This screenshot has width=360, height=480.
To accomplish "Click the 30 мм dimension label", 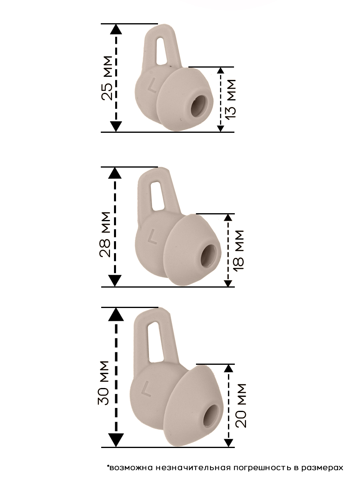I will click(x=104, y=383).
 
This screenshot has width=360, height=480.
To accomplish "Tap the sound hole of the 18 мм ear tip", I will click(x=210, y=256).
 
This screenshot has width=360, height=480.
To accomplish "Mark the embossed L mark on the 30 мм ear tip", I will click(x=146, y=390).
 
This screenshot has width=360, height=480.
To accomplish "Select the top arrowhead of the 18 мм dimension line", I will click(x=228, y=217).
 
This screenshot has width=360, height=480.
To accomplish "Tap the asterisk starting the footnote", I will click(x=108, y=466).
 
